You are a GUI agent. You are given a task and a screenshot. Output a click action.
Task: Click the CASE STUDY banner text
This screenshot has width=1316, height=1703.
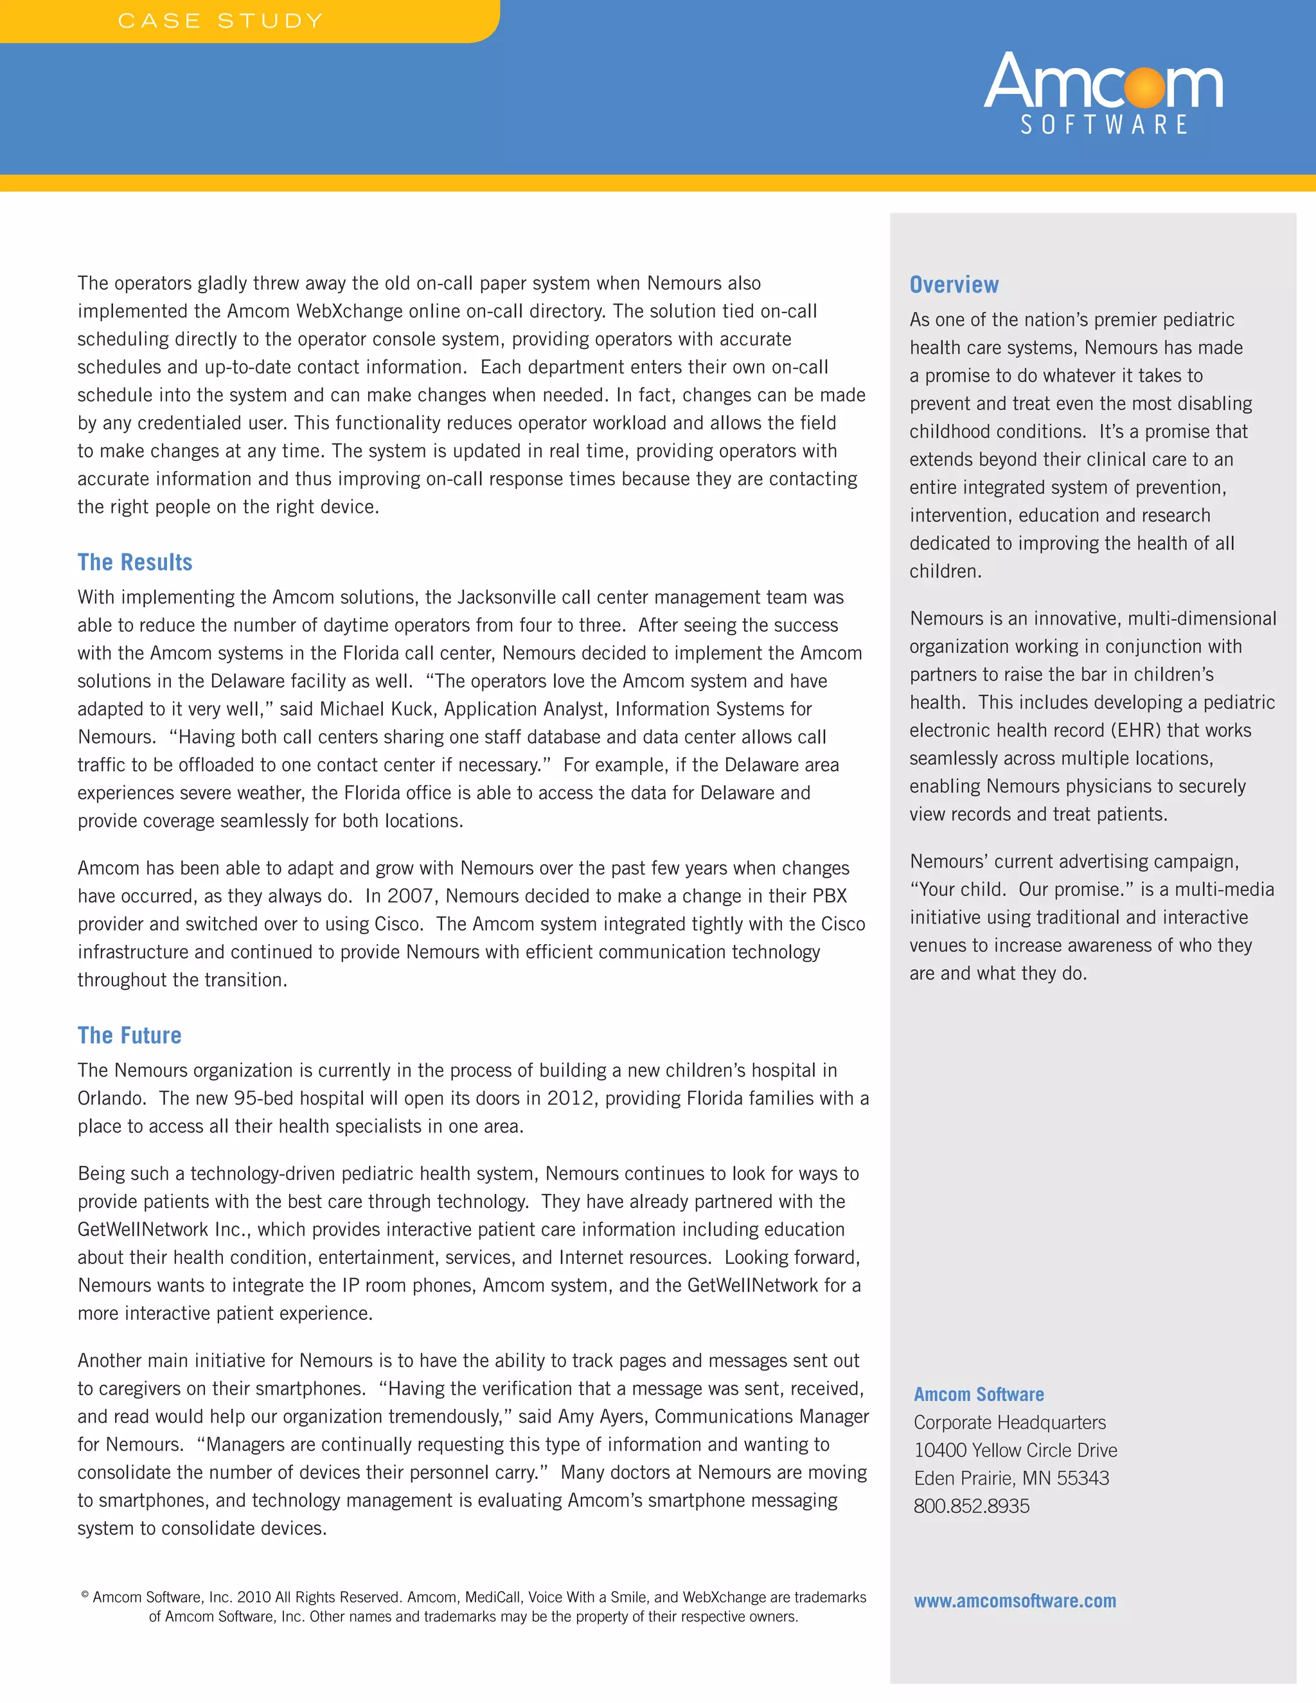point(220,21)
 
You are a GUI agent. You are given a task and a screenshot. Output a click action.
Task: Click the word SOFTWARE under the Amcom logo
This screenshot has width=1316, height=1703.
point(1104,125)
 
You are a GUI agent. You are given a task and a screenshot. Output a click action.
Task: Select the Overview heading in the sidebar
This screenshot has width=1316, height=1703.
point(954,285)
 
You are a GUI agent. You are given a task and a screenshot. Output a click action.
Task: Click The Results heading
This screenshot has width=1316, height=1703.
point(135,562)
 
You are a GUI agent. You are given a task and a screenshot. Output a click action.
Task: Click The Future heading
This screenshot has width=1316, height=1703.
point(129,1035)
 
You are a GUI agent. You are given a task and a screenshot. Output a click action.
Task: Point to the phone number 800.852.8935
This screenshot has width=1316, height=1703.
point(972,1506)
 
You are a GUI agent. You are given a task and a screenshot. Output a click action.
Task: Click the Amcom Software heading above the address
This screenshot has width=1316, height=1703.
point(979,1395)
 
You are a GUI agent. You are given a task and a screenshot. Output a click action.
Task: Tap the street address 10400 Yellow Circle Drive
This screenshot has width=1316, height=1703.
point(1015,1450)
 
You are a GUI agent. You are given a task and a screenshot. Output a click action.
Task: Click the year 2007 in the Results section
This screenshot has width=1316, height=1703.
point(410,896)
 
